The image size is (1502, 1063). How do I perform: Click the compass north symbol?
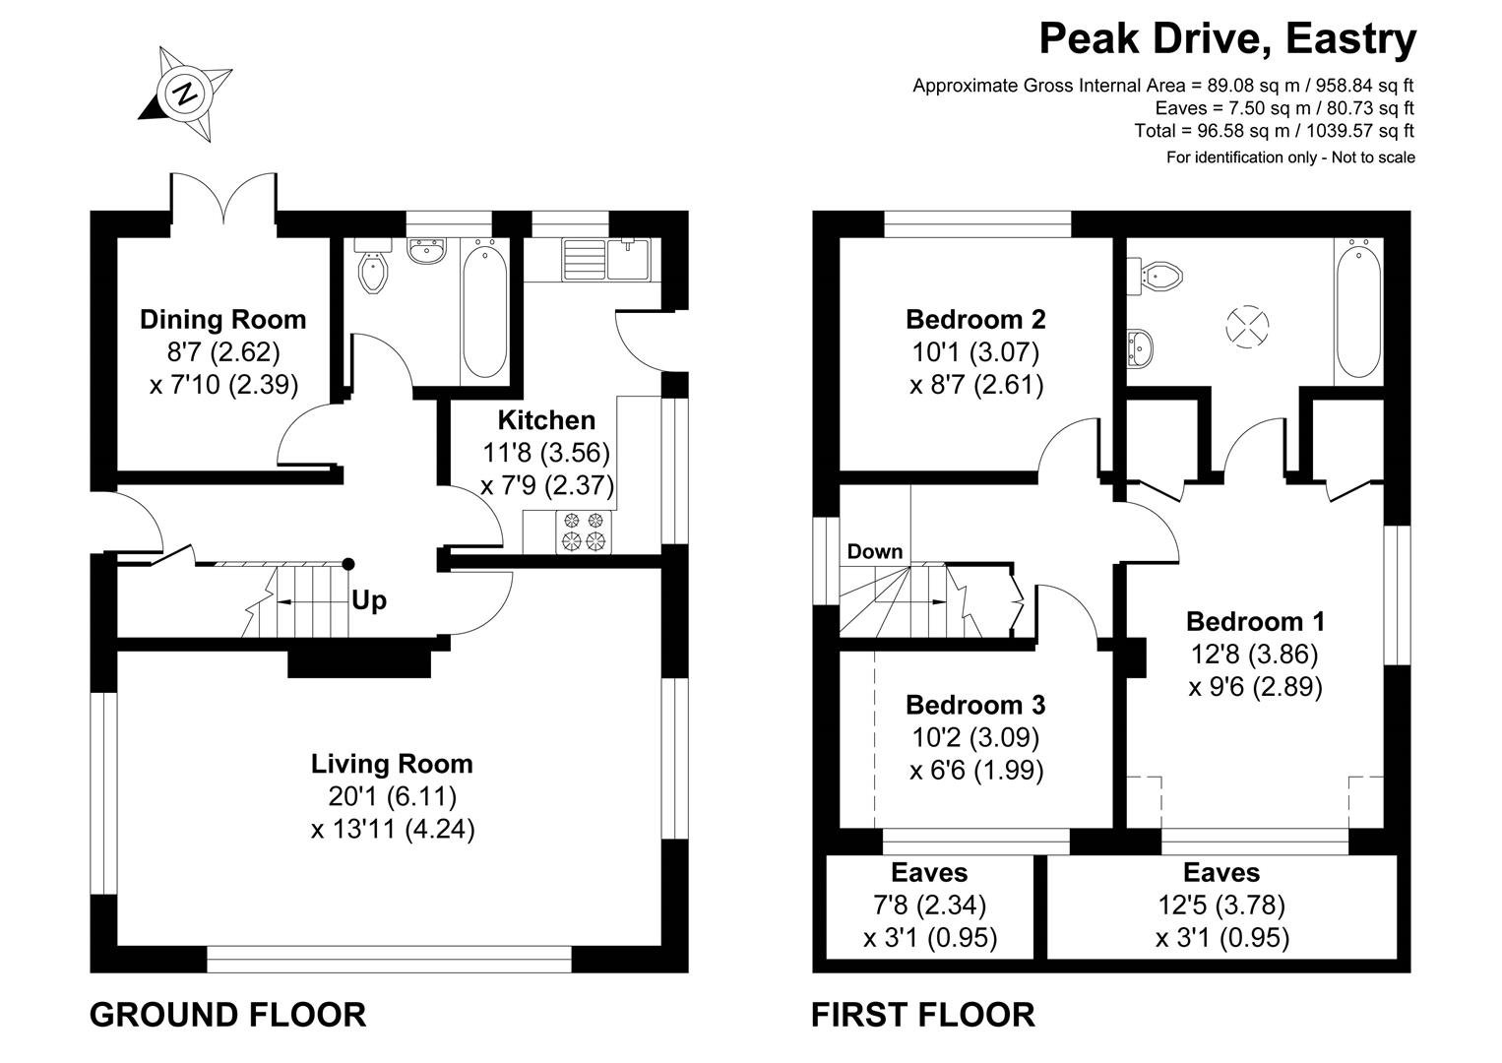tap(186, 94)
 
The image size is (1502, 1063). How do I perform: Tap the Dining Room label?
tap(222, 319)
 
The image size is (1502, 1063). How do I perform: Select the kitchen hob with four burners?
tap(583, 531)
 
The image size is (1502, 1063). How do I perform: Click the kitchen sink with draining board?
tap(604, 258)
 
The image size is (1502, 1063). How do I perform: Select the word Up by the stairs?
tap(369, 600)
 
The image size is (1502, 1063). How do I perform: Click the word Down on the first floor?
tap(874, 551)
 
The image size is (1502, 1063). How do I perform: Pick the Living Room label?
tap(392, 764)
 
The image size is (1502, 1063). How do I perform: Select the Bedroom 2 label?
tap(975, 319)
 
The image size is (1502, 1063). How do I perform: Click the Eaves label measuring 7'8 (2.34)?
tap(929, 873)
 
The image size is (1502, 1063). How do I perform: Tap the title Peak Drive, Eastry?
tap(1227, 39)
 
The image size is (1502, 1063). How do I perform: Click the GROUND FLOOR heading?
tap(227, 1014)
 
